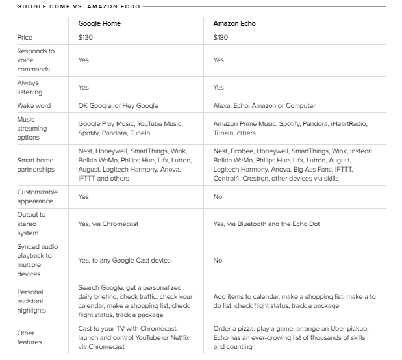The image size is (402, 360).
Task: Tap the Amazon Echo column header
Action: (234, 23)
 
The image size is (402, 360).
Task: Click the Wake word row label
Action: (34, 105)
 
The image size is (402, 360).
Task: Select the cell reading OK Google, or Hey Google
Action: (118, 105)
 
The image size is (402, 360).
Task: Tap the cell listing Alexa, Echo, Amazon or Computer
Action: (264, 105)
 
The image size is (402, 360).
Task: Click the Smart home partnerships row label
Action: (36, 164)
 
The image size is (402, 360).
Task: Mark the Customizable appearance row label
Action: (37, 196)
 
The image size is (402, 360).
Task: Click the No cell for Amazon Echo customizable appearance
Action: (218, 196)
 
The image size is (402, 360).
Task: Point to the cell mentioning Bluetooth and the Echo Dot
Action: (266, 224)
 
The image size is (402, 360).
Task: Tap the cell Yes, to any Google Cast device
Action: (124, 261)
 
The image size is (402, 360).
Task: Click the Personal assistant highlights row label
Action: (32, 301)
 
